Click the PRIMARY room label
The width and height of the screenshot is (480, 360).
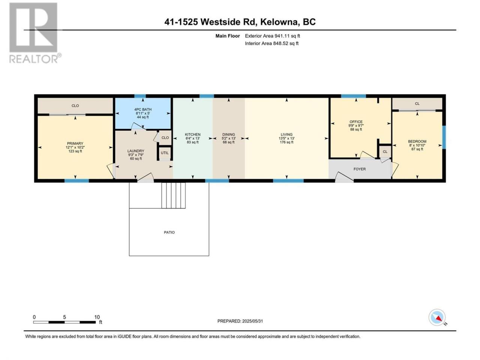coord(75,143)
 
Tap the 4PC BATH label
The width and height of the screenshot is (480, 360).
coord(143,109)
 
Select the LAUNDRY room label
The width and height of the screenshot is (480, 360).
coord(136,151)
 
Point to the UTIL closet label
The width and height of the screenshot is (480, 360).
coord(165,153)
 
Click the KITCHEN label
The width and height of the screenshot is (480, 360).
coord(193,134)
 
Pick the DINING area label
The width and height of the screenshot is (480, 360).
coord(228,134)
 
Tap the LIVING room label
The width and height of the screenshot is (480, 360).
coord(286,134)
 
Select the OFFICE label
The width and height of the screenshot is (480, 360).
coord(356,122)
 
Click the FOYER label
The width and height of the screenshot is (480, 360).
coord(360,169)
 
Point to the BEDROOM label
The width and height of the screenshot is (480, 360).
coord(417,141)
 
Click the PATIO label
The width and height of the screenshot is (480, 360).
coord(169,232)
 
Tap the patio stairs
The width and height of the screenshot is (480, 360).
coord(173,195)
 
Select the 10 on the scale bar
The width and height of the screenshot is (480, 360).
coord(97,317)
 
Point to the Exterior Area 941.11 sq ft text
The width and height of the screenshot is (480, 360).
coord(273,36)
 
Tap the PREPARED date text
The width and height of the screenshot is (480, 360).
coord(240,321)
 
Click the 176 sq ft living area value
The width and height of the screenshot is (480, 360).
coord(286,142)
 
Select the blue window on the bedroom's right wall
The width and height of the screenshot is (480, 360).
coord(444,137)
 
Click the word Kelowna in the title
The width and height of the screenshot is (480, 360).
coord(279,22)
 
